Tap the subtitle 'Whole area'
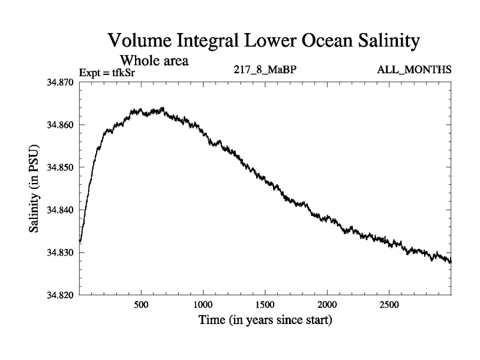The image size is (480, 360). tap(155, 61)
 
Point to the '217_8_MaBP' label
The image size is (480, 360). tap(265, 70)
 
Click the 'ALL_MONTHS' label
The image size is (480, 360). tap(414, 70)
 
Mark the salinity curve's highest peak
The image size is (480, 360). tap(162, 108)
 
